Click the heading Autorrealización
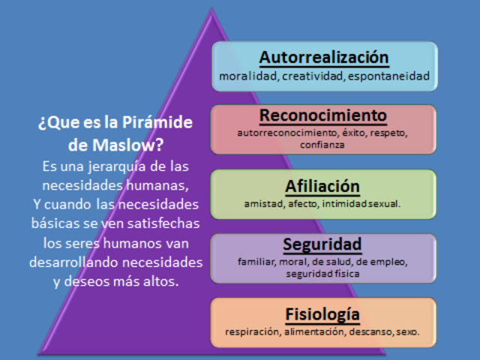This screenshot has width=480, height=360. tap(324, 58)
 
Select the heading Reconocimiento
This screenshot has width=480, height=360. tap(323, 115)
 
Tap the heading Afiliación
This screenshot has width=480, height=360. tap(323, 186)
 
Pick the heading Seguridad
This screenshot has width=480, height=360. tap(323, 244)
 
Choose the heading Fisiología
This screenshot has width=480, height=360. tap(323, 313)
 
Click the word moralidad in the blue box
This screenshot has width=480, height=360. tap(249, 76)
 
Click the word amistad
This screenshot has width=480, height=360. tap(261, 203)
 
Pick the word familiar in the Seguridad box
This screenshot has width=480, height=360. tap(256, 262)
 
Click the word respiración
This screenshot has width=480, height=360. tap(253, 331)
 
